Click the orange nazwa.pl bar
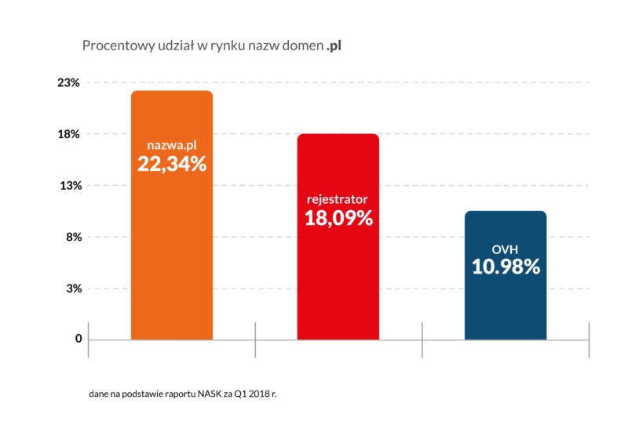[x=172, y=259]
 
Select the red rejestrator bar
[x=338, y=282]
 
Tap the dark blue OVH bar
[x=506, y=306]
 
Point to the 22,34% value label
[x=172, y=164]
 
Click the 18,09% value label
[x=338, y=218]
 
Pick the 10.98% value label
[x=506, y=267]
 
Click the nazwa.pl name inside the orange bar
[x=172, y=145]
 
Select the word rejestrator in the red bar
[x=338, y=199]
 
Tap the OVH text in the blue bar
[x=506, y=249]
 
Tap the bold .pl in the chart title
[x=334, y=46]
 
